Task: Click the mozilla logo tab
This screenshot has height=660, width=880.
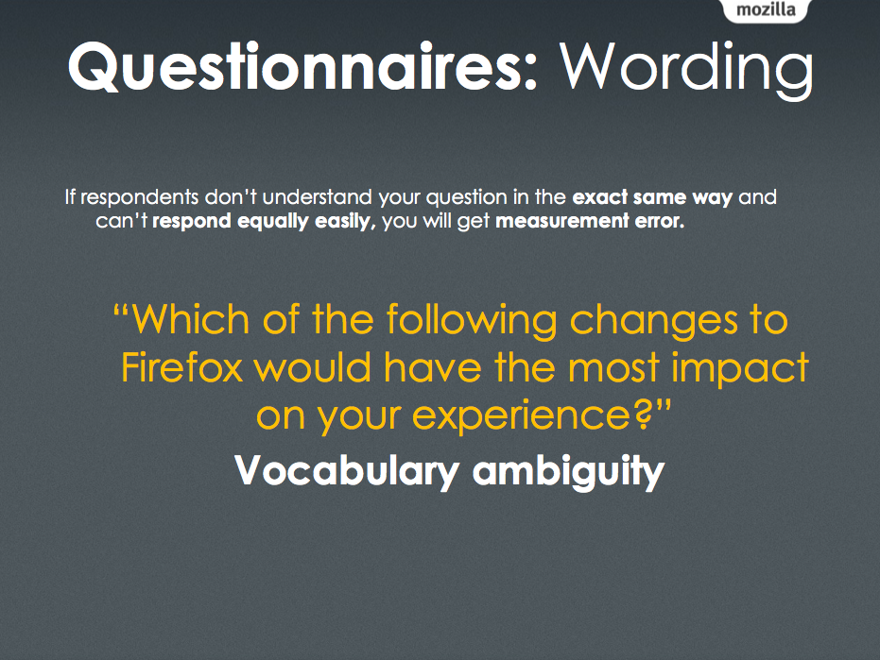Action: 766,10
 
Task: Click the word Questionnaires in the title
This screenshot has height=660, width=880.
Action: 296,67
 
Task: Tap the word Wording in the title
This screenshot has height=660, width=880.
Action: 686,70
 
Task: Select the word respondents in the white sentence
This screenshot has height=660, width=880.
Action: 140,197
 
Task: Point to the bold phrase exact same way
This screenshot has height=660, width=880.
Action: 652,197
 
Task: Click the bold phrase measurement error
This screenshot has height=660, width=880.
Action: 590,221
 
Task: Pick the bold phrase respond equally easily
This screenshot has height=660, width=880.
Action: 264,222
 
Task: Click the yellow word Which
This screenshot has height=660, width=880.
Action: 191,318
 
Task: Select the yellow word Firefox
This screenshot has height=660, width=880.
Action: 181,367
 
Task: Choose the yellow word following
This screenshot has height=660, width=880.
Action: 472,321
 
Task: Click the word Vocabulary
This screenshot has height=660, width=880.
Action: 347,470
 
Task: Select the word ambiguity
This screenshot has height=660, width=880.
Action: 568,471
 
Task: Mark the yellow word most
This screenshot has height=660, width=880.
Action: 613,369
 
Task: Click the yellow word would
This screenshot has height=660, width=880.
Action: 313,367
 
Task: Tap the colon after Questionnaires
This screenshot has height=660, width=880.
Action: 530,72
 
